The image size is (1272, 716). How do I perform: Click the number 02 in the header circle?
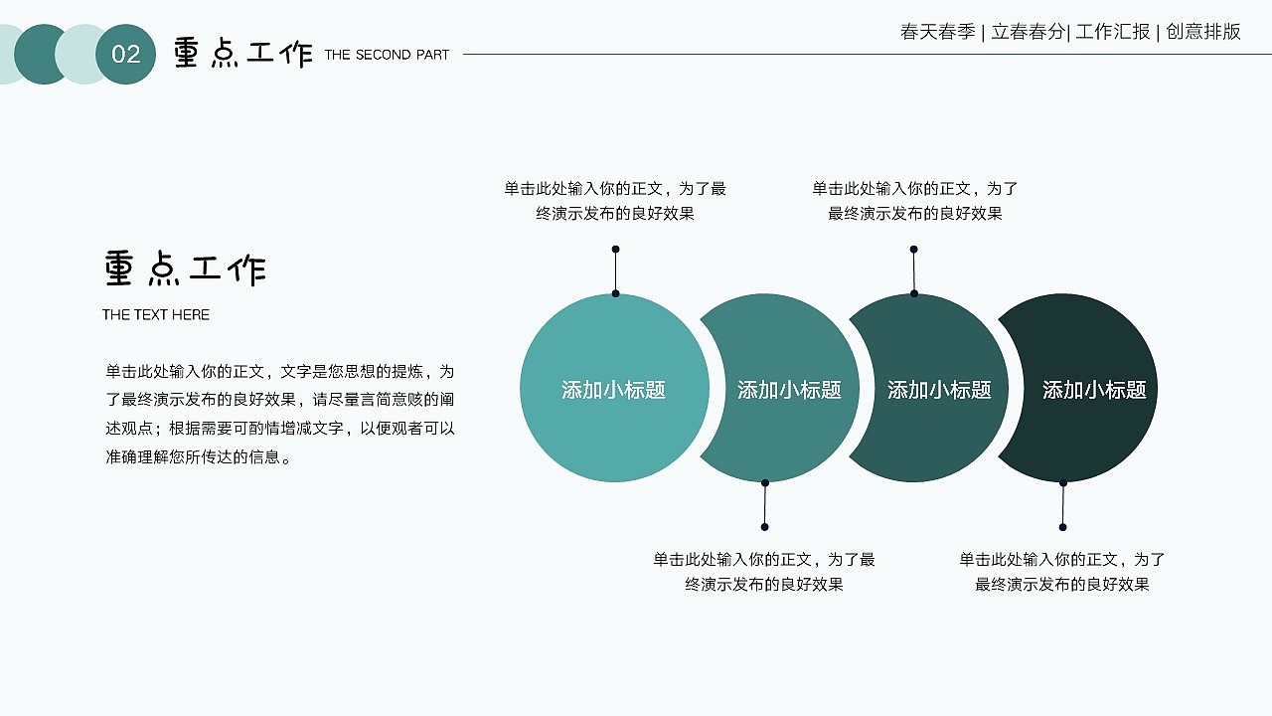coord(126,55)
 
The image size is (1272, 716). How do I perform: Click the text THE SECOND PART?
coord(387,55)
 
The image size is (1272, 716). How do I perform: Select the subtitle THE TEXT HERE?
coord(156,314)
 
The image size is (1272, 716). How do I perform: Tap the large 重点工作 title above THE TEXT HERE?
coord(185,269)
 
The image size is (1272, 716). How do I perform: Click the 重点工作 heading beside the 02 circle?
coord(243,53)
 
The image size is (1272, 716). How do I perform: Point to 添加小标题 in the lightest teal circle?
coord(613,390)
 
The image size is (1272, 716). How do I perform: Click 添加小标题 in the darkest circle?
coord(1094,390)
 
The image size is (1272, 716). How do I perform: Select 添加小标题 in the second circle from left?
coord(789,390)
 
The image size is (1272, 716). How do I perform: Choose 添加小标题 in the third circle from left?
coord(939,390)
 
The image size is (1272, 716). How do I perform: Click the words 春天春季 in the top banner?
coord(937,32)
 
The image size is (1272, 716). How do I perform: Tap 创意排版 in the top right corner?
coord(1203,32)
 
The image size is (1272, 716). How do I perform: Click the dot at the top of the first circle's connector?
coord(615,249)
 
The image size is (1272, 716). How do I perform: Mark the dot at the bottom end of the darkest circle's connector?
coord(1062,527)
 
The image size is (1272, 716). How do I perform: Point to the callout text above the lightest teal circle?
coord(615,201)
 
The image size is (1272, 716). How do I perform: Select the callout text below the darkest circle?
coord(1062,572)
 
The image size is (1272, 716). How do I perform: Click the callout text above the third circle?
coord(915,201)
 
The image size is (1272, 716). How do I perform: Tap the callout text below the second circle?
coord(764,572)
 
